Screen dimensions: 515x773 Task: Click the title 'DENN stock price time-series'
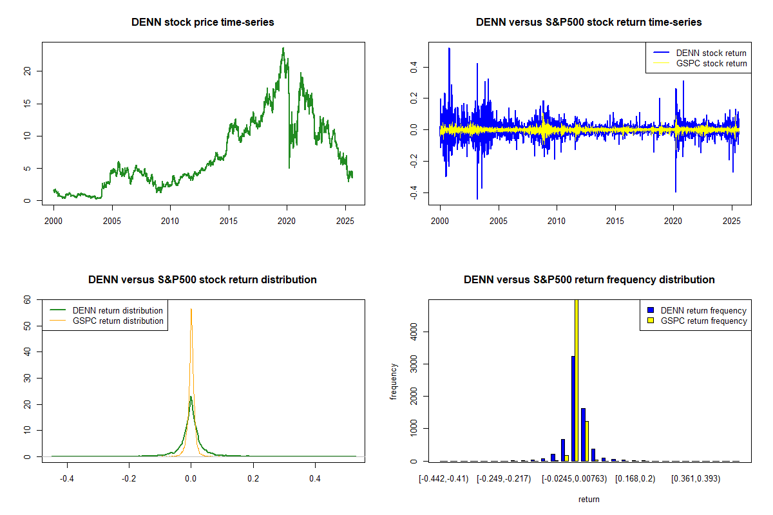coord(203,23)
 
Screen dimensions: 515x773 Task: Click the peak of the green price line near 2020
coord(283,48)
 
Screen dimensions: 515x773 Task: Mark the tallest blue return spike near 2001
coord(449,49)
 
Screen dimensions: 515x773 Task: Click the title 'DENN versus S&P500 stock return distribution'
coord(203,280)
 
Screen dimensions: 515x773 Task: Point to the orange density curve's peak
coord(191,310)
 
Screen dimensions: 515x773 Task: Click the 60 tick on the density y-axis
coord(27,300)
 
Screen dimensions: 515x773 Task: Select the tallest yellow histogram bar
coord(577,380)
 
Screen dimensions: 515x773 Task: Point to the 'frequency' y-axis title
coord(394,380)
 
